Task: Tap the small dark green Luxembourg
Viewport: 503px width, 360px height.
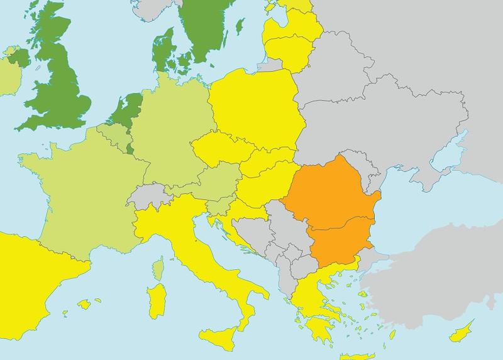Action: point(130,148)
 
